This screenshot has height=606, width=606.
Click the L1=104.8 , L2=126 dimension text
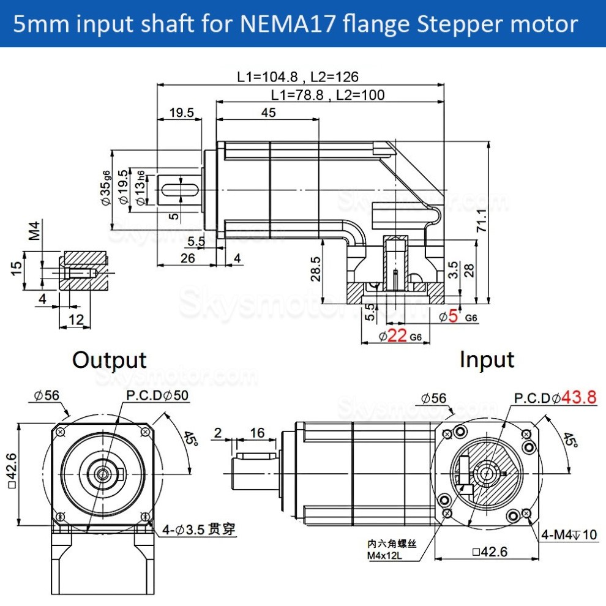coord(297,77)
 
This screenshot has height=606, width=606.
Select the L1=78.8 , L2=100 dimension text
coord(327,95)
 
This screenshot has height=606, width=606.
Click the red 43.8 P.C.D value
coord(578,397)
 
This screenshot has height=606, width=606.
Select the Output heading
coord(109,359)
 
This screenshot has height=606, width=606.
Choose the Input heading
coord(487,359)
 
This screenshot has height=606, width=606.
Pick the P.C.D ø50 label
coord(157,396)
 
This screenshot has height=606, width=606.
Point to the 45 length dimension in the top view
coord(268,112)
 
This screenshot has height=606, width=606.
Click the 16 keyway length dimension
coord(257,433)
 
